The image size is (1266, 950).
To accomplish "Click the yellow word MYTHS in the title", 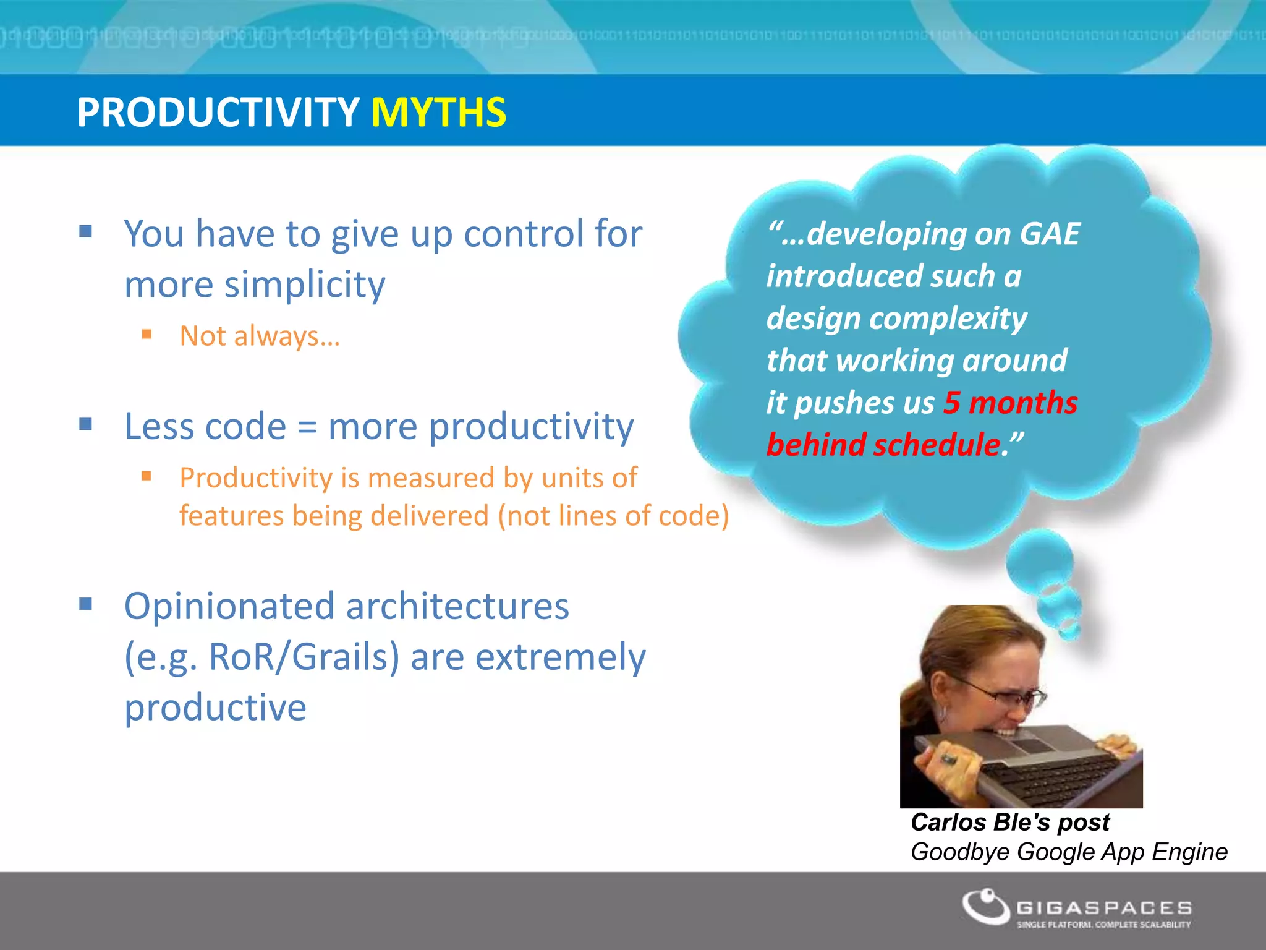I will coord(438,113).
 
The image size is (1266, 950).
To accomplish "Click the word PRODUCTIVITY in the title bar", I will coord(218,113).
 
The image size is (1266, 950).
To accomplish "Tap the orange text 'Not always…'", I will coord(260,336).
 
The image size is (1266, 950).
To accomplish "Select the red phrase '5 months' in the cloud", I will coord(1010,403).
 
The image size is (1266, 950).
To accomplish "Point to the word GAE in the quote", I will coord(1049,234).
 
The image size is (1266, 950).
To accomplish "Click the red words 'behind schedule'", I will coord(883,445).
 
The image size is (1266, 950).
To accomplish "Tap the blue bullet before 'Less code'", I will coord(86,424).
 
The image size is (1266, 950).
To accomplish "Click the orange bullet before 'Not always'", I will coord(147,335).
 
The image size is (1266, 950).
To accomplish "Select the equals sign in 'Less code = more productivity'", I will coord(307,427).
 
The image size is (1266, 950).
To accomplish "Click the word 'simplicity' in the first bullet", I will coord(305,285).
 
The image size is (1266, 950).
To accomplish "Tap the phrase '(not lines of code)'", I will coord(613,516).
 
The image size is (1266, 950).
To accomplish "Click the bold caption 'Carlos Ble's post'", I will coord(1010,822).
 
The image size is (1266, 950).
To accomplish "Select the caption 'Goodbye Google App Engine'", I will coord(1069,852).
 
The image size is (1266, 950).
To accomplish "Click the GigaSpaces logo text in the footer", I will coord(1104,908).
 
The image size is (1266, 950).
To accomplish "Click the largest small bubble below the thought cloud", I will coord(1039,560).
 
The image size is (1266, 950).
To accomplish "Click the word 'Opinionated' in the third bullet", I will coord(229,606).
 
